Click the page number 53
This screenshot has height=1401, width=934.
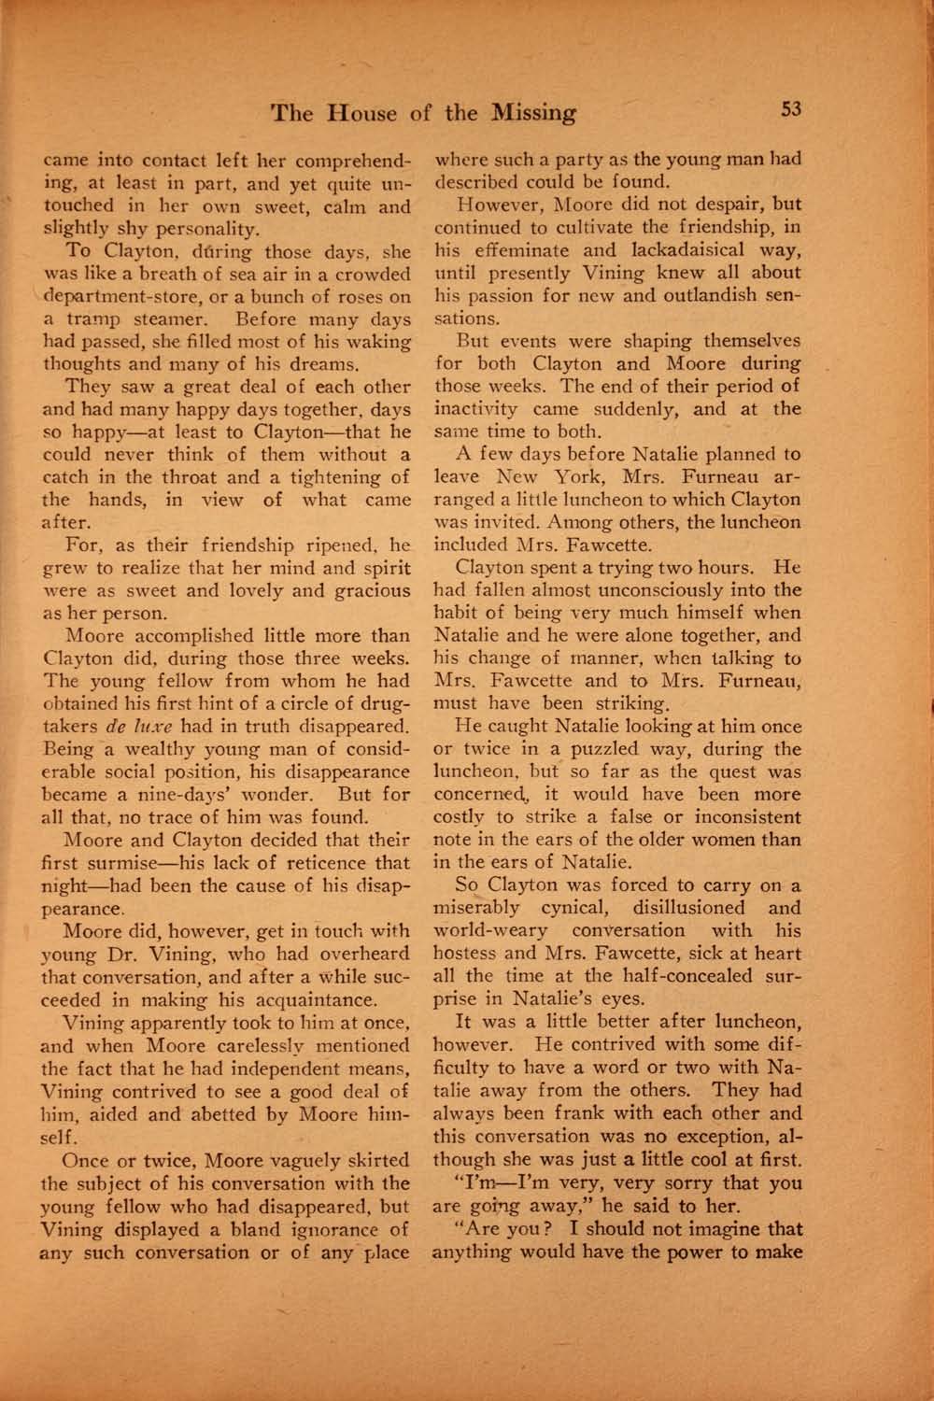791,109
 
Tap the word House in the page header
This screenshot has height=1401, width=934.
364,114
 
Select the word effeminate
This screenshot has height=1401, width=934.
511,250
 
